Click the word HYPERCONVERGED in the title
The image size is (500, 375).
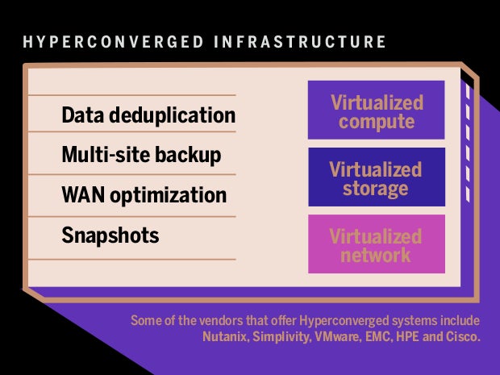[x=113, y=42]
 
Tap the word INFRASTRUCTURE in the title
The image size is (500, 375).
[x=300, y=42]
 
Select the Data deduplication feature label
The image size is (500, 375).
[x=148, y=115]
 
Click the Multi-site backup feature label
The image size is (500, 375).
[x=141, y=156]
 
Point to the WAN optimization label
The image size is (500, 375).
[x=144, y=195]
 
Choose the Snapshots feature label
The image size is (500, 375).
[x=110, y=235]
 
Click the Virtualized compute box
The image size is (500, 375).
[x=377, y=110]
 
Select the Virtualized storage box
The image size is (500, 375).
[x=377, y=177]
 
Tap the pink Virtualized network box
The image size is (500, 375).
[x=377, y=244]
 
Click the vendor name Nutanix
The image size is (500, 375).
[x=225, y=336]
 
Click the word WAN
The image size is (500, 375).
[x=83, y=194]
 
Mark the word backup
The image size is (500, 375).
[x=188, y=156]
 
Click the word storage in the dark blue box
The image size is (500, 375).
[x=376, y=189]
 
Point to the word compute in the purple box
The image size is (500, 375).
[x=377, y=122]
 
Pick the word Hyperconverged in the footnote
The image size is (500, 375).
[x=344, y=321]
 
